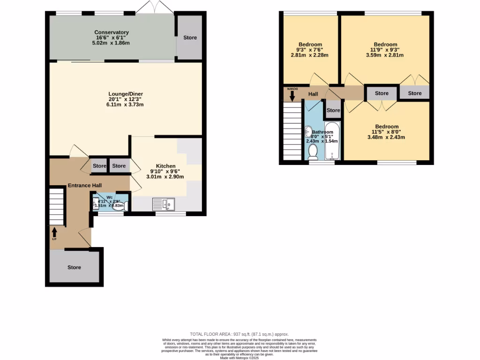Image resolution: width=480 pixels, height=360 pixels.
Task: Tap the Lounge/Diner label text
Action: pyautogui.click(x=125, y=94)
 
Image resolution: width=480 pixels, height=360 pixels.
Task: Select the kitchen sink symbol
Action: pyautogui.click(x=164, y=204)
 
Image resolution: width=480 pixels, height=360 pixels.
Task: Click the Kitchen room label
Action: pyautogui.click(x=165, y=166)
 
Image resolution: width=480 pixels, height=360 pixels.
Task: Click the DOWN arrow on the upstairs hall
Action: pyautogui.click(x=292, y=95)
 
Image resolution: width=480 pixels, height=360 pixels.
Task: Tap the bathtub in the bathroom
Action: pyautogui.click(x=332, y=140)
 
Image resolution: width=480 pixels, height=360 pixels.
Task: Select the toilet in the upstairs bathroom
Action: pyautogui.click(x=313, y=151)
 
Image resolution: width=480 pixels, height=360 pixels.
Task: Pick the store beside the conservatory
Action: pyautogui.click(x=190, y=37)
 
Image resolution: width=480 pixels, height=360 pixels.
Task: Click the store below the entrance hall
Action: pyautogui.click(x=74, y=267)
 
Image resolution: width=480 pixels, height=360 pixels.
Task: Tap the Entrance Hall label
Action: pyautogui.click(x=85, y=186)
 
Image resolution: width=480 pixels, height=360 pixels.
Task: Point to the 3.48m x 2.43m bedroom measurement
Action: pyautogui.click(x=386, y=137)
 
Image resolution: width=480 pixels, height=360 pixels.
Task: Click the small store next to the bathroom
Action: pyautogui.click(x=333, y=110)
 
